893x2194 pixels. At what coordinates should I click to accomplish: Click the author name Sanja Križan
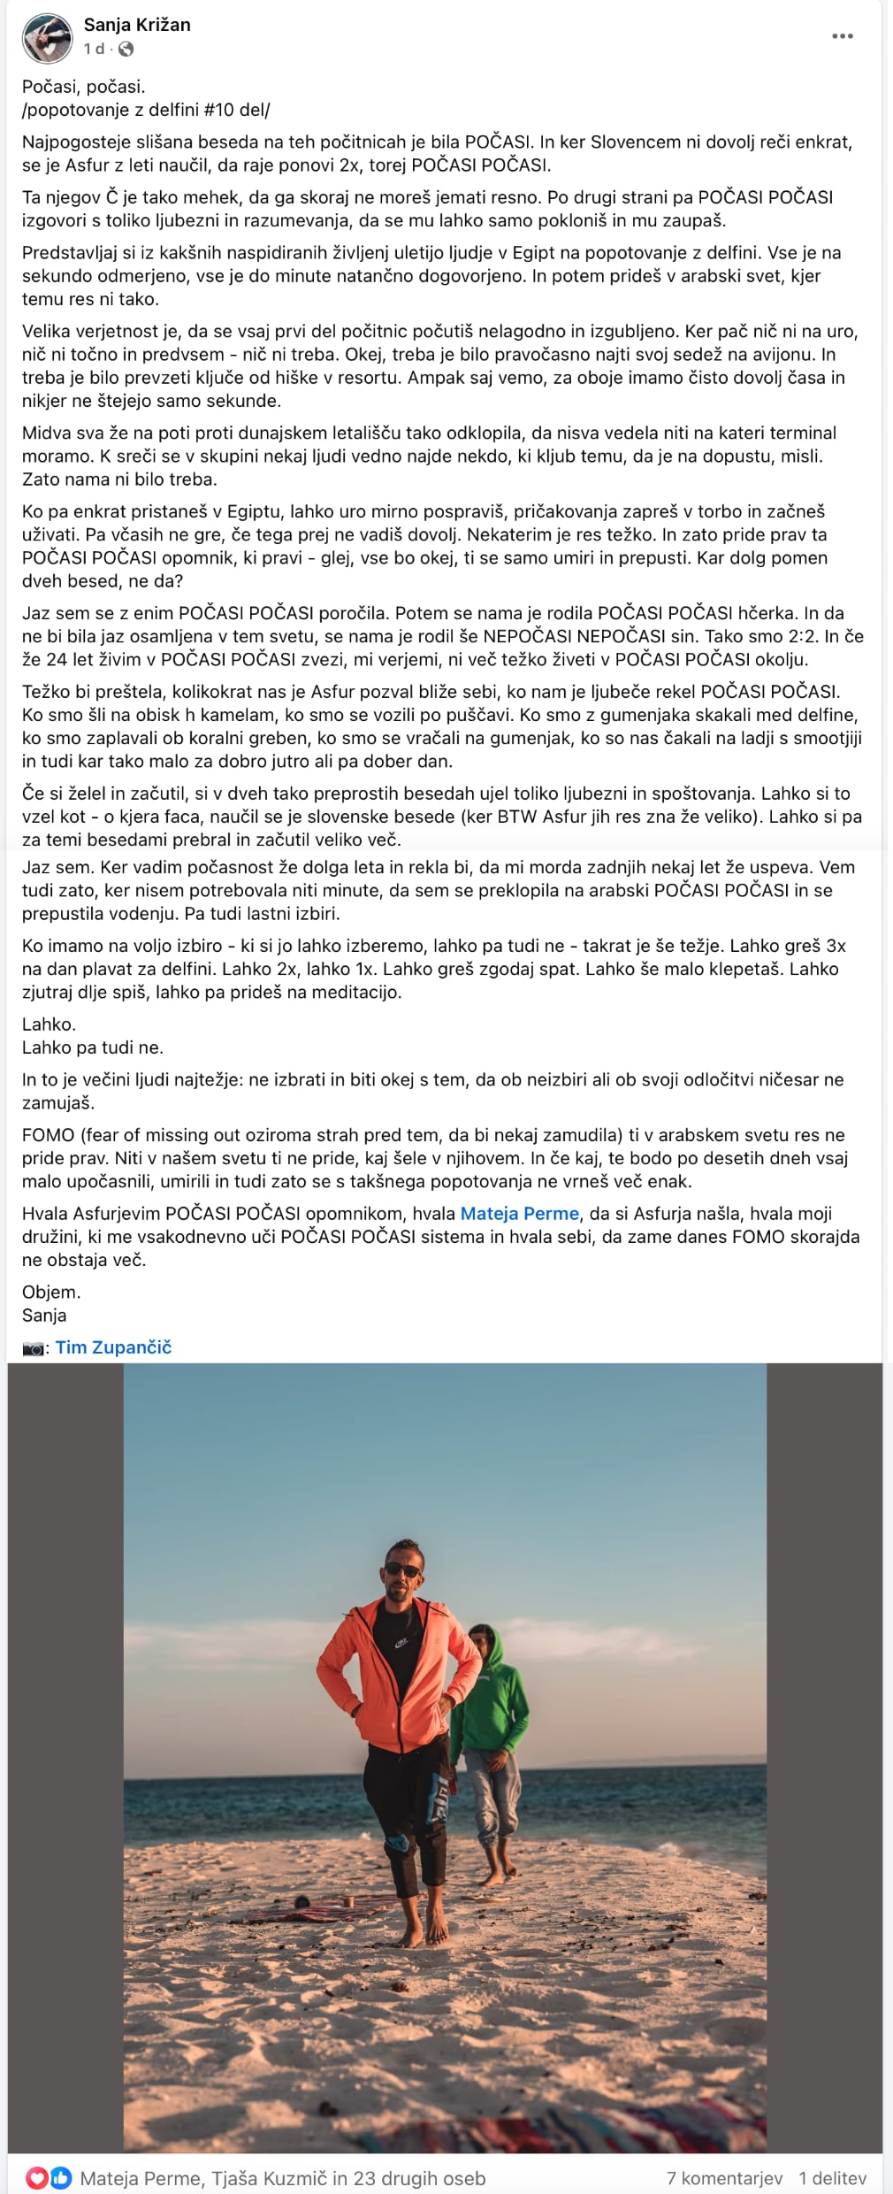point(137,25)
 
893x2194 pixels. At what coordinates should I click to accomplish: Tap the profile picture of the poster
point(47,38)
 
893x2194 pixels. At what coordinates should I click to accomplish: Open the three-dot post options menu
point(843,36)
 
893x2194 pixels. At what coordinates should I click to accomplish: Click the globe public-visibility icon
point(126,50)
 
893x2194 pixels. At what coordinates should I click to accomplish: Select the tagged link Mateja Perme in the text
point(519,1214)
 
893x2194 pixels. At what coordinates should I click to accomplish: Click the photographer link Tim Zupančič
point(113,1347)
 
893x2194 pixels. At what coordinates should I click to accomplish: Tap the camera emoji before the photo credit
point(33,1348)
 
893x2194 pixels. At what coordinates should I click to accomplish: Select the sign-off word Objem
point(50,1292)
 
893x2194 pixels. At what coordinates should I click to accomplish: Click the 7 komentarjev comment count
point(724,2178)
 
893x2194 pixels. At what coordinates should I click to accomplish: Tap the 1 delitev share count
point(832,2178)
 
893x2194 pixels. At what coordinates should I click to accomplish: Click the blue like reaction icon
point(61,2178)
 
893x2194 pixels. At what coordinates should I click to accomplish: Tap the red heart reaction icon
point(37,2178)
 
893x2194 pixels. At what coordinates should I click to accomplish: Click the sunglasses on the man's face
point(403,1570)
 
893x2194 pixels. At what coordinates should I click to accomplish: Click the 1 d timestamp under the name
point(95,50)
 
